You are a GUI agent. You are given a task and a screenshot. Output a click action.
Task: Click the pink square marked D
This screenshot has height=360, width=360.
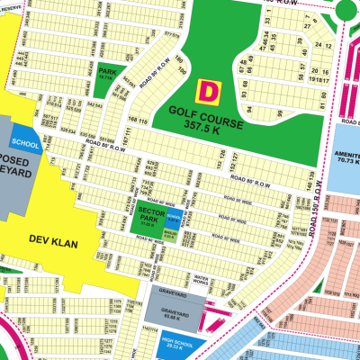pos(208,90)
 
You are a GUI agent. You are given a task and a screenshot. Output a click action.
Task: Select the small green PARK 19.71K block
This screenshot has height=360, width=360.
pos(107,76)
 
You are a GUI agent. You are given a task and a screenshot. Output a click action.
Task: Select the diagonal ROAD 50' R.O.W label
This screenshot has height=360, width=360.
pos(155,74)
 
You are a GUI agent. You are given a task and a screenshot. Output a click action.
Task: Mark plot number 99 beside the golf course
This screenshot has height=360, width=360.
pos(280,113)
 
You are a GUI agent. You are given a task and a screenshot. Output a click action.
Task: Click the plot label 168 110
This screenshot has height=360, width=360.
pos(139,121)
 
